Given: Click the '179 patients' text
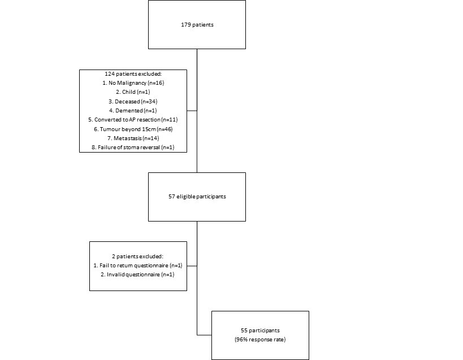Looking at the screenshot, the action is pos(197,25).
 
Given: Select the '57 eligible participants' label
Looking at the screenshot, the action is pos(197,197).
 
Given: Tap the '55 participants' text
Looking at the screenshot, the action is pos(260,331).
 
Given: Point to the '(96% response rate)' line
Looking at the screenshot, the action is pos(260,340).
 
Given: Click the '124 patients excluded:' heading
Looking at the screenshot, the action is pos(133,74).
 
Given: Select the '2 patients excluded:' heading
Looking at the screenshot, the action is pos(137,257).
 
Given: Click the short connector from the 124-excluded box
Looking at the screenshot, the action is pos(192,111).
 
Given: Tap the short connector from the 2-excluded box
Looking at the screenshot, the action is pos(192,266).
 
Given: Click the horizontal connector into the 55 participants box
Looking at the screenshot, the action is pos(204,335).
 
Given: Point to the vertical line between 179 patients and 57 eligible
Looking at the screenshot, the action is pos(197,111).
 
